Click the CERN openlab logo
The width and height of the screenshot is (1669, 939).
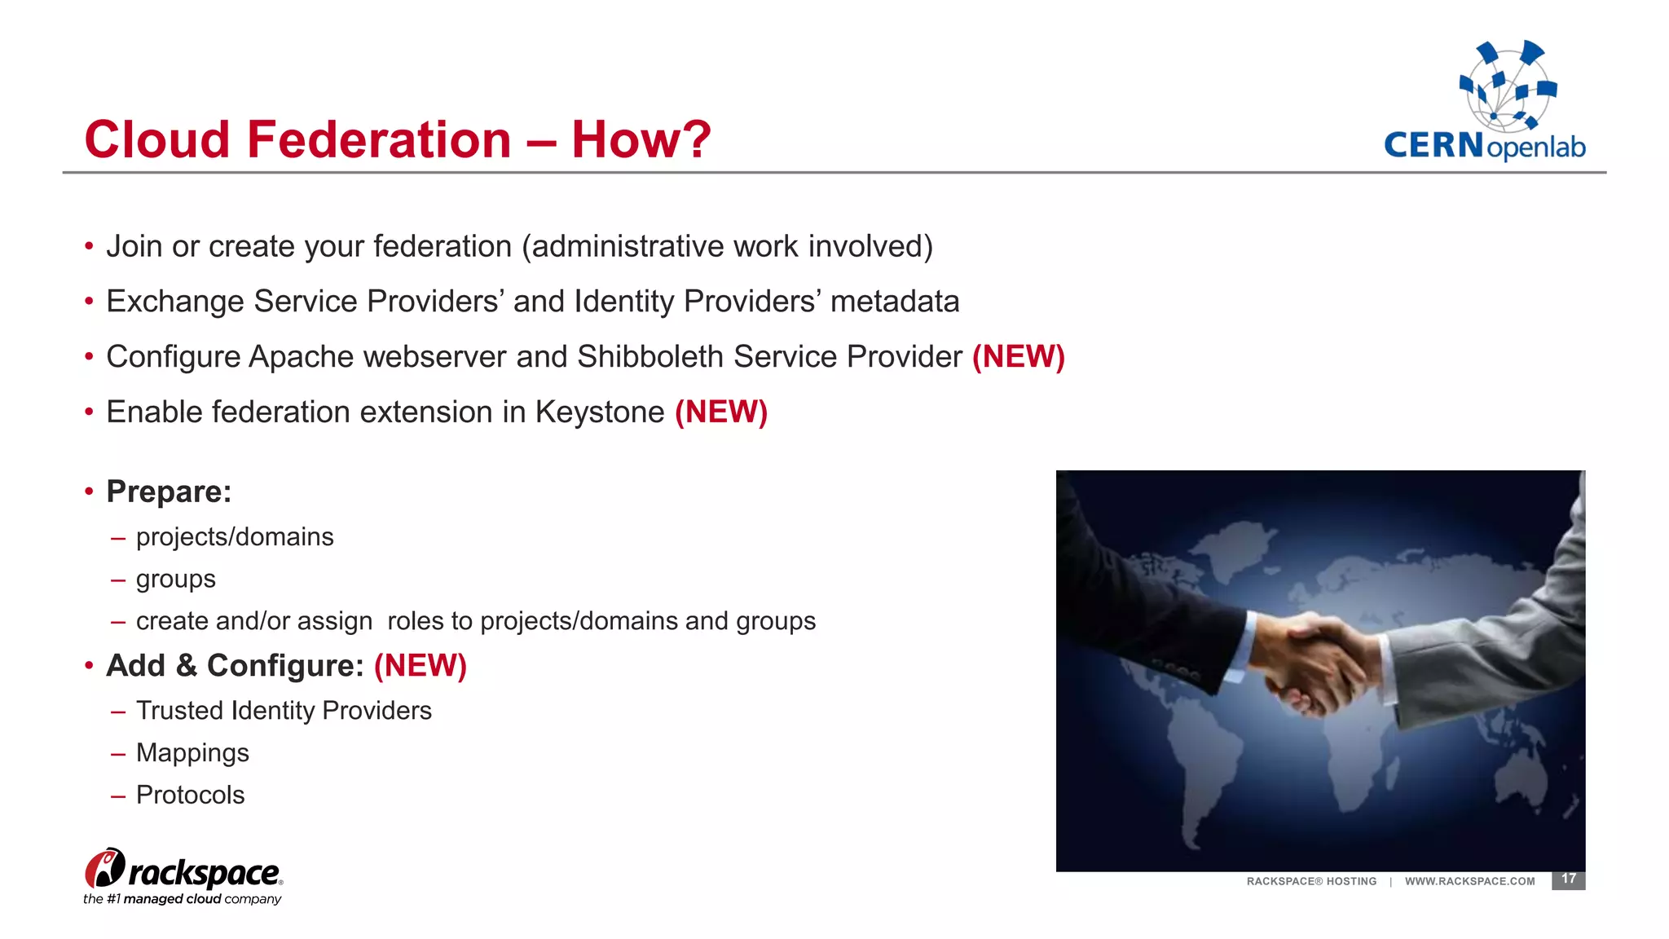coord(1485,102)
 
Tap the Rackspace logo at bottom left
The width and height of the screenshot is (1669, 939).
coord(183,876)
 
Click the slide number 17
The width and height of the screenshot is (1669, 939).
coord(1568,879)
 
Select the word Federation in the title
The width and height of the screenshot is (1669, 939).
coord(379,139)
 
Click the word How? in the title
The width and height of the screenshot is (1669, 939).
coord(641,139)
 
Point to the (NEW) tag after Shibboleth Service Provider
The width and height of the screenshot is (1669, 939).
coord(1019,356)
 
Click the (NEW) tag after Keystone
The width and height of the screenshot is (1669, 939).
coord(721,412)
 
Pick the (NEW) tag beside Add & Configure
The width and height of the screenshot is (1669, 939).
coord(421,665)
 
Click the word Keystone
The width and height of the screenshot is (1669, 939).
coord(600,412)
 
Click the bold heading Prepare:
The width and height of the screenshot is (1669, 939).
coord(169,492)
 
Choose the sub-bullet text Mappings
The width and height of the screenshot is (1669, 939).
coord(192,752)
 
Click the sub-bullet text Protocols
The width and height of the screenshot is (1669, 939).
coord(190,795)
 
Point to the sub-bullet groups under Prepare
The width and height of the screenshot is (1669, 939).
coord(175,579)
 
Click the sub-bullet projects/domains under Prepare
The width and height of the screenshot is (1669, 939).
coord(235,537)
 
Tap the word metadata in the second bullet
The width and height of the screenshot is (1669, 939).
coord(895,302)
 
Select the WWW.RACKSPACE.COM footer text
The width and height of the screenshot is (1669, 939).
coord(1469,881)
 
